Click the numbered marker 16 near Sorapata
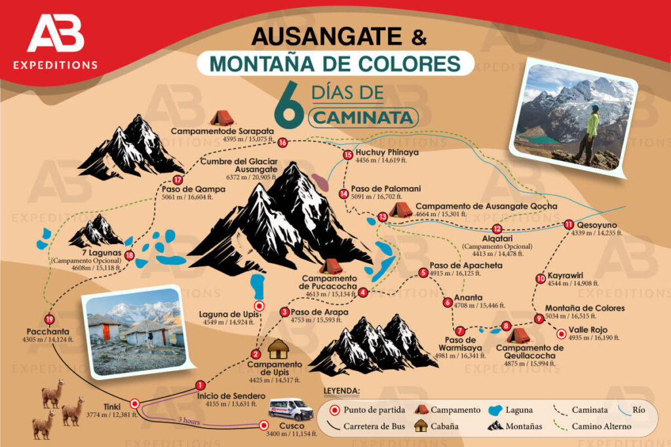pos(282,142)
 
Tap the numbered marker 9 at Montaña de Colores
pos(539,319)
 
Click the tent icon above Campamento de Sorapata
pos(222,118)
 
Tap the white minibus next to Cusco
pos(291,409)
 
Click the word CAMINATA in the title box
pos(364,117)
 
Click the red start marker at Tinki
pos(134,404)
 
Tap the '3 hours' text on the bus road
pos(188,421)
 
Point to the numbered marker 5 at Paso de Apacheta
pos(423,272)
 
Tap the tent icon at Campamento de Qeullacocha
pos(520,336)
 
